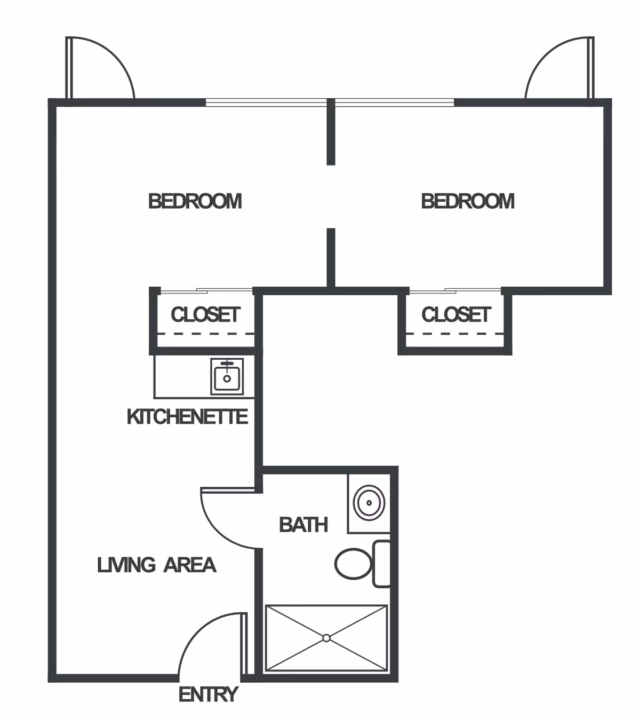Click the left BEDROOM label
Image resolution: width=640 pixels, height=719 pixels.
195,201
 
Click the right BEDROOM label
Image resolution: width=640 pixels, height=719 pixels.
468,201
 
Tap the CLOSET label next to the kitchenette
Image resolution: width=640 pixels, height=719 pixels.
205,314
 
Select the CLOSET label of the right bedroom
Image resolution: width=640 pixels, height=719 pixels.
456,314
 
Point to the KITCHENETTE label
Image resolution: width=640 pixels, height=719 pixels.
187,416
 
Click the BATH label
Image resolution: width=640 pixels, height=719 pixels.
303,525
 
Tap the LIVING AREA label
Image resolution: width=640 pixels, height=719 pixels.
156,565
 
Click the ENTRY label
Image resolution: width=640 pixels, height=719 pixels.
208,694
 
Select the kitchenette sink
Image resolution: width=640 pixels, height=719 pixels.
227,377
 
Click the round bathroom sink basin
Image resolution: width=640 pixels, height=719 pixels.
369,502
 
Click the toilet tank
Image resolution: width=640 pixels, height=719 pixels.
381,564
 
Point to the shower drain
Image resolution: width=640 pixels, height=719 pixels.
326,637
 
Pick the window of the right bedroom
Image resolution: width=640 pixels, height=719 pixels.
395,102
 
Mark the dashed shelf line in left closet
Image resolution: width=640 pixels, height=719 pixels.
205,334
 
